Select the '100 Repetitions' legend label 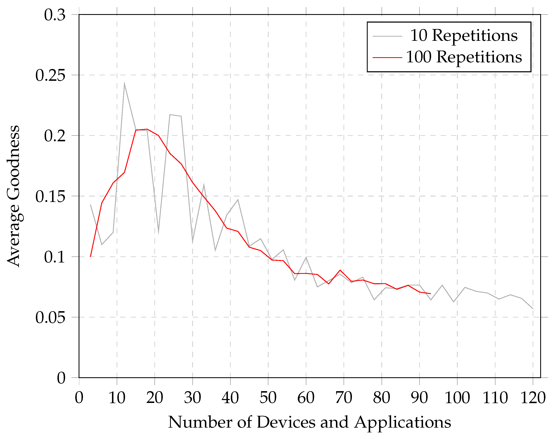(464, 57)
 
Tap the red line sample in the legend (387, 57)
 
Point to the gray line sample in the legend (387, 36)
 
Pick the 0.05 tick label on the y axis (50, 317)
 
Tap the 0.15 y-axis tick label (50, 196)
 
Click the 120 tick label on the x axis (533, 398)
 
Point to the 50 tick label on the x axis (268, 398)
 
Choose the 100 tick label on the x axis (457, 398)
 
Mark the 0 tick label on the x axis (79, 398)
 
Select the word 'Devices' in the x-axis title (286, 422)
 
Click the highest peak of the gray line (124, 83)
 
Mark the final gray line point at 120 (533, 308)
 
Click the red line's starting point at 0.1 (91, 256)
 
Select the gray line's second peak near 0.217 (170, 115)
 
